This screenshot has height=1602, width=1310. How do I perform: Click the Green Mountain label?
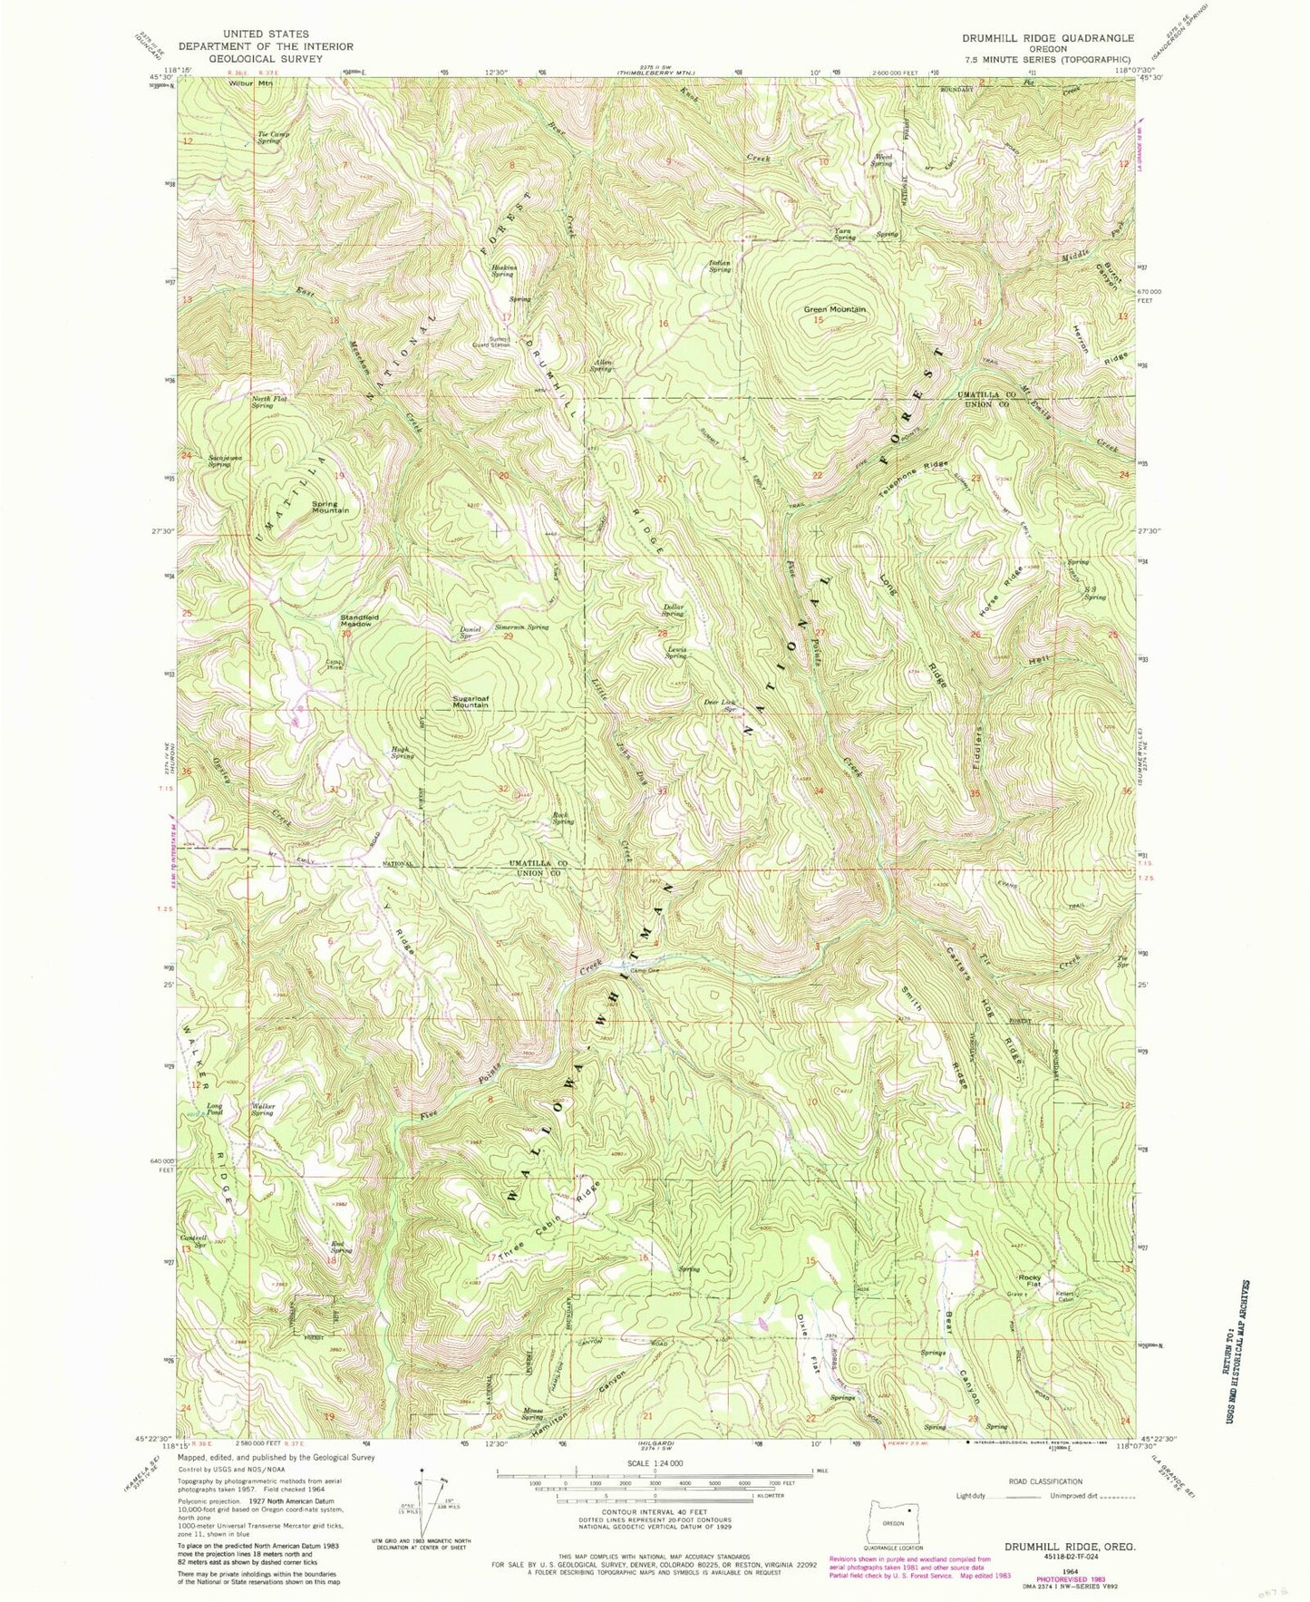click(x=834, y=310)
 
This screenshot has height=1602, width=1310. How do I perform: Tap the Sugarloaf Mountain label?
click(x=478, y=703)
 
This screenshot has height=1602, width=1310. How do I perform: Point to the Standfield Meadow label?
click(x=359, y=620)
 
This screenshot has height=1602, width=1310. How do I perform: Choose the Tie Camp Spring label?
click(x=267, y=138)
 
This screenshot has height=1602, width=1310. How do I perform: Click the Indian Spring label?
click(x=720, y=267)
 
